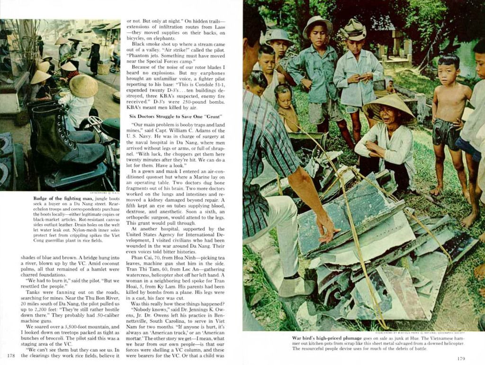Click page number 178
pos(11,356)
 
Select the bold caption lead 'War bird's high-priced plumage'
pos(327,338)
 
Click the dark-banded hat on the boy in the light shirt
pos(354,30)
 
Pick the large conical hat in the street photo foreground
pos(83,86)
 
